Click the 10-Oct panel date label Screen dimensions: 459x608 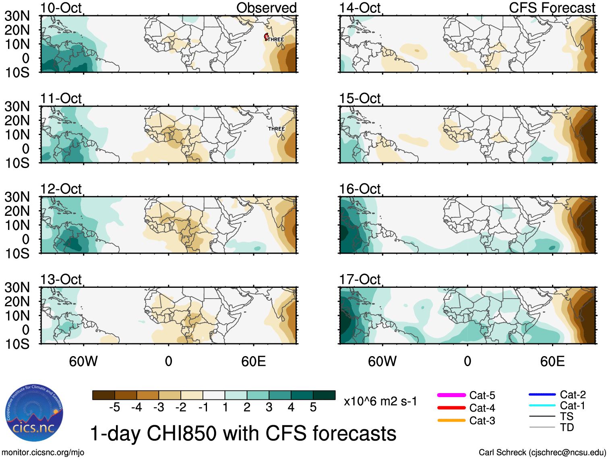pyautogui.click(x=61, y=8)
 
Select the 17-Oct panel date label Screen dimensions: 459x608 pyautogui.click(x=360, y=279)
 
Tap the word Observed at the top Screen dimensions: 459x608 pyautogui.click(x=266, y=8)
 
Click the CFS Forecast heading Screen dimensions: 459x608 pyautogui.click(x=552, y=8)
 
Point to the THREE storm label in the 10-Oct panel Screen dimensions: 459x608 pyautogui.click(x=276, y=39)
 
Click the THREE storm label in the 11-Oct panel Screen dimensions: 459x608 pyautogui.click(x=276, y=129)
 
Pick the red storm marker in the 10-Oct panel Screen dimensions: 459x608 pyautogui.click(x=266, y=37)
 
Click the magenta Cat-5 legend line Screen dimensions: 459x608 pyautogui.click(x=451, y=395)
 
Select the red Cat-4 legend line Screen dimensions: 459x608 pyautogui.click(x=451, y=408)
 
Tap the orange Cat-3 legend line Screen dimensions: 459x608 pyautogui.click(x=451, y=420)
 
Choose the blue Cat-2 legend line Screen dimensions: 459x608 pyautogui.click(x=542, y=395)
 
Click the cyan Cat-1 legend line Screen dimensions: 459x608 pyautogui.click(x=542, y=406)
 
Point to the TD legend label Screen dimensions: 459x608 pyautogui.click(x=567, y=427)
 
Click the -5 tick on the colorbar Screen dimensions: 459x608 pyautogui.click(x=114, y=408)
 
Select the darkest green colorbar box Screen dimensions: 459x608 pyautogui.click(x=324, y=395)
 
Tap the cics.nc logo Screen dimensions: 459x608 pyautogui.click(x=34, y=413)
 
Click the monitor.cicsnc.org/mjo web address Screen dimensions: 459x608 pyautogui.click(x=43, y=453)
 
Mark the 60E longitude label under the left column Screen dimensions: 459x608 pyautogui.click(x=253, y=361)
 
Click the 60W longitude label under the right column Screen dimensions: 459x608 pyautogui.click(x=382, y=361)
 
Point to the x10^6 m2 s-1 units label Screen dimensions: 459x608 pyautogui.click(x=380, y=402)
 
